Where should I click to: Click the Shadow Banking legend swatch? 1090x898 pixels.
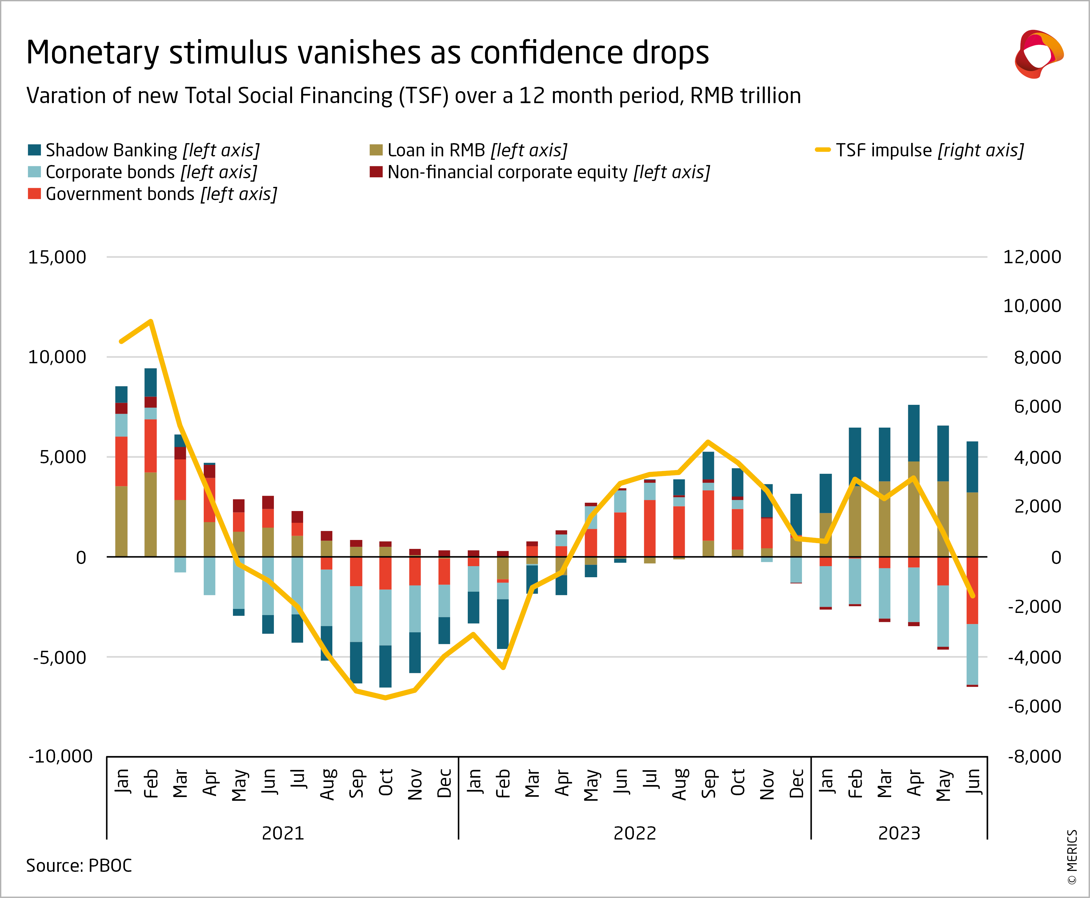pyautogui.click(x=34, y=150)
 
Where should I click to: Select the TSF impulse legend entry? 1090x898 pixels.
pyautogui.click(x=919, y=150)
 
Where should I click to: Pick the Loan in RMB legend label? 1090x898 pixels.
pyautogui.click(x=477, y=150)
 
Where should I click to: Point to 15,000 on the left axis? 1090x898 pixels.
pyautogui.click(x=57, y=257)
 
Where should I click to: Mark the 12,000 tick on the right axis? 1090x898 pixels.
pyautogui.click(x=1032, y=257)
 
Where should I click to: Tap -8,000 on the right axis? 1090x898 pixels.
pyautogui.click(x=1034, y=756)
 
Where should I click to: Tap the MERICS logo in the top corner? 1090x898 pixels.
pyautogui.click(x=1038, y=54)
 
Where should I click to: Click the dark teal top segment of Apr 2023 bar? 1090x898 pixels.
pyautogui.click(x=914, y=433)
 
